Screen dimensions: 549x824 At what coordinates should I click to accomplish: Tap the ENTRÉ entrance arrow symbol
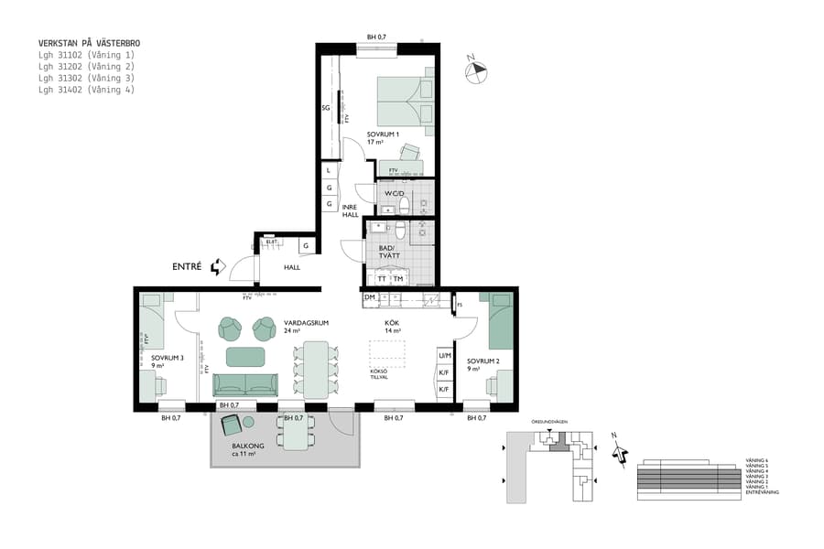[x=217, y=267]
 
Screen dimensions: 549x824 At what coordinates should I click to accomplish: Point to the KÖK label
[x=391, y=323]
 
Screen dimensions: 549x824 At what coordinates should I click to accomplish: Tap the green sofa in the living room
[x=246, y=384]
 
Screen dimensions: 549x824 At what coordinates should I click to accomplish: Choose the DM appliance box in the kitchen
[x=369, y=297]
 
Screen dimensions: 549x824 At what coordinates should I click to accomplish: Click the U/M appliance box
[x=444, y=355]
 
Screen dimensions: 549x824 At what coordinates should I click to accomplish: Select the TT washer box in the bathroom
[x=382, y=279]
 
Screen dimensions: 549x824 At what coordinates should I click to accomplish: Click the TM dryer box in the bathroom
[x=397, y=279]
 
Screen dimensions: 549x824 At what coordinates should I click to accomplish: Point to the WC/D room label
[x=395, y=194]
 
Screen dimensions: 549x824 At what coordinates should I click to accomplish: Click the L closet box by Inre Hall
[x=328, y=170]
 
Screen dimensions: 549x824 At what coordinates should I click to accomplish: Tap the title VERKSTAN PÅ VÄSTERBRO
[x=89, y=43]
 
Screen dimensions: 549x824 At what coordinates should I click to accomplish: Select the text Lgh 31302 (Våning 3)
[x=86, y=79]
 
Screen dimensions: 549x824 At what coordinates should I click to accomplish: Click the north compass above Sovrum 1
[x=476, y=70]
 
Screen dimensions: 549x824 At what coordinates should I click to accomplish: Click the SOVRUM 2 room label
[x=482, y=361]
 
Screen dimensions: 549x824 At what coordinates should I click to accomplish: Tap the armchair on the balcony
[x=231, y=424]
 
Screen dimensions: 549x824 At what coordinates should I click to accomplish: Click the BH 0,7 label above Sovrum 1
[x=376, y=37]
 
